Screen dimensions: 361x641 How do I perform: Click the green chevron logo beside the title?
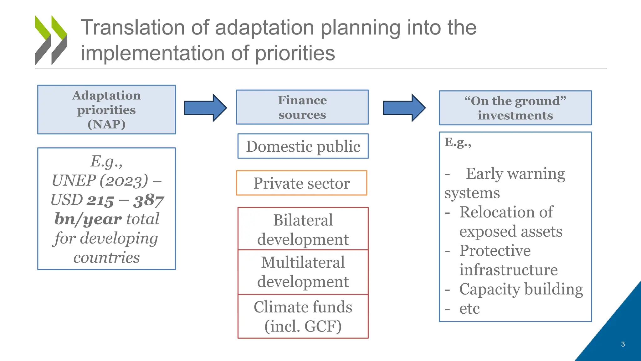pos(51,40)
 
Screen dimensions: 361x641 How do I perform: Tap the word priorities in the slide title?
pos(295,53)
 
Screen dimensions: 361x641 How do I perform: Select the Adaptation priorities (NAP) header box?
pos(106,109)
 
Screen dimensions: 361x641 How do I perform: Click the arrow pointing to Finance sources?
pos(205,108)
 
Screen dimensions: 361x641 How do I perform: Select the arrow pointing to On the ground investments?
pos(404,108)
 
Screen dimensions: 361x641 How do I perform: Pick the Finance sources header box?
pos(302,107)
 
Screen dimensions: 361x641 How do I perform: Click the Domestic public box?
pos(303,146)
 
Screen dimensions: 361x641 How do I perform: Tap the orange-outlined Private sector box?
pos(301,183)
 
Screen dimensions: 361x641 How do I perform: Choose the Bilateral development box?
pos(303,229)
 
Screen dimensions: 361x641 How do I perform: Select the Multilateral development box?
pos(303,272)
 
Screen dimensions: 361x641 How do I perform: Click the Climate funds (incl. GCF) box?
pos(303,316)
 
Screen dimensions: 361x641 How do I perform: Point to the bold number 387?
pos(148,201)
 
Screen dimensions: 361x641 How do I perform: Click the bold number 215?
pos(100,201)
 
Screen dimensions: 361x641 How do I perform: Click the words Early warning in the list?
pos(515,174)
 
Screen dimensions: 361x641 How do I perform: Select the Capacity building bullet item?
pos(521,289)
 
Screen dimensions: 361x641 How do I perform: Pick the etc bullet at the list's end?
pos(469,309)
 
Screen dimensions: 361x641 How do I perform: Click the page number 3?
pos(623,344)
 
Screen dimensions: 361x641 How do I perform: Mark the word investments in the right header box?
pos(515,116)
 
